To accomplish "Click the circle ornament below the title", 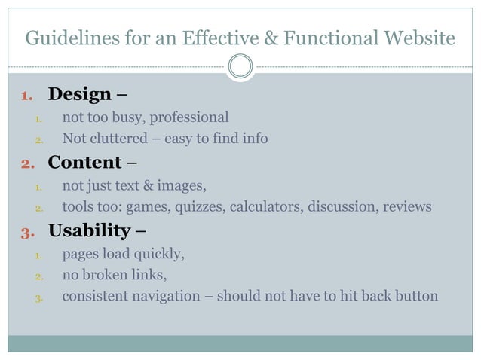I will coord(240,67).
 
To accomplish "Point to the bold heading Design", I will coord(79,94).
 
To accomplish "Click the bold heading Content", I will coord(84,162).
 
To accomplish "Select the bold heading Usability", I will coord(89,230).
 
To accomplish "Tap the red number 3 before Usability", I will coord(27,230).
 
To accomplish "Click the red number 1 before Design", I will coord(27,95).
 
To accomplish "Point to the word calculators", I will coord(265,206).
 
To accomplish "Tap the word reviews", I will coord(406,206).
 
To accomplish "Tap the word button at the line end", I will coord(413,295).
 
